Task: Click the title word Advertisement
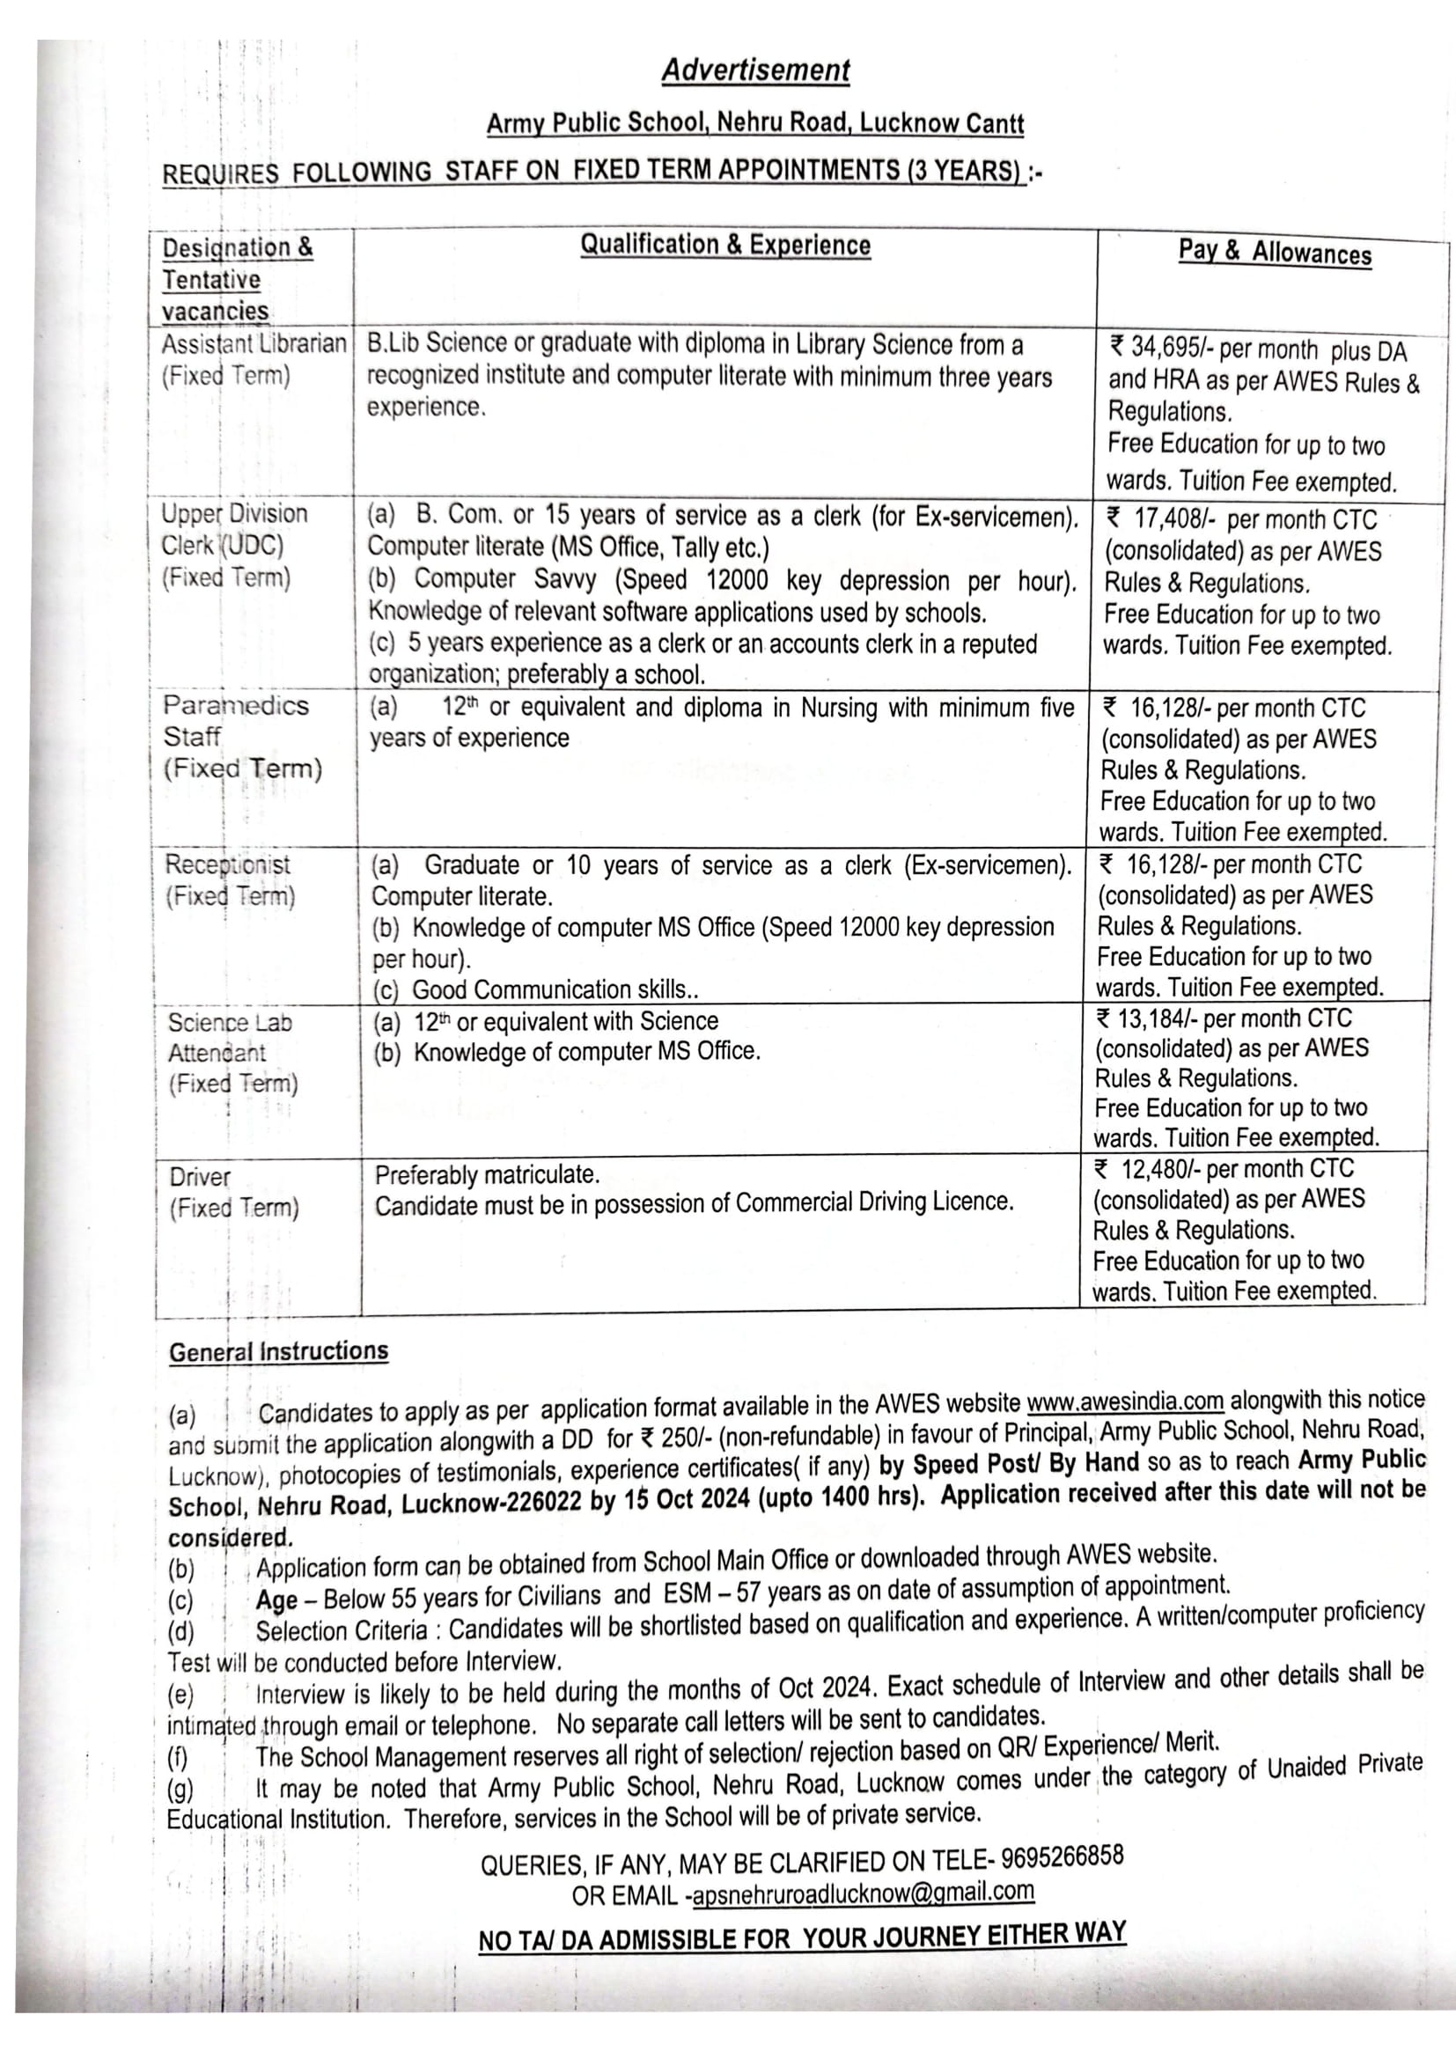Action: (x=755, y=70)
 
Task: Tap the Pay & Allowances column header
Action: (x=1274, y=252)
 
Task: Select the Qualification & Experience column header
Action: (x=724, y=245)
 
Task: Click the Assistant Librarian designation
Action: (x=254, y=344)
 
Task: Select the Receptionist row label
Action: (x=228, y=864)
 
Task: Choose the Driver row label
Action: (x=200, y=1177)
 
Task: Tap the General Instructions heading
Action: (x=278, y=1351)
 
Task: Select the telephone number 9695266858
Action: (x=1062, y=1857)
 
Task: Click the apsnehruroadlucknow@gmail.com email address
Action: (x=863, y=1893)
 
